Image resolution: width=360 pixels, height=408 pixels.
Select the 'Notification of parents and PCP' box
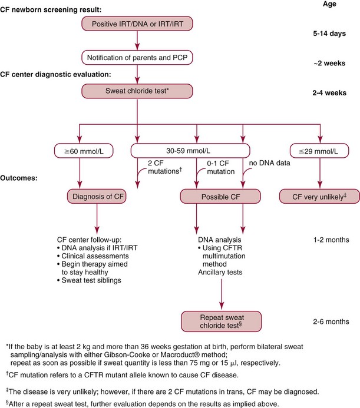137,57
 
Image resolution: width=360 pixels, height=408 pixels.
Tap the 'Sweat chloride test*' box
137,91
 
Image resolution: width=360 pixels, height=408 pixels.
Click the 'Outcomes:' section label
23,177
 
